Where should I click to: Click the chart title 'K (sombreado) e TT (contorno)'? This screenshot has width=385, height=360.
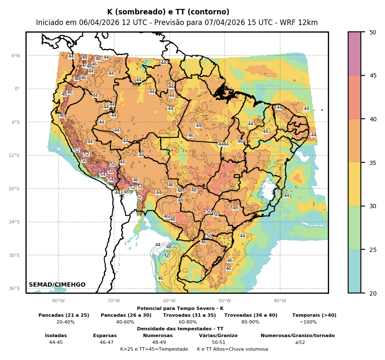(168, 12)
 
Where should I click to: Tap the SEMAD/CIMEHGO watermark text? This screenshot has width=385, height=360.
(57, 285)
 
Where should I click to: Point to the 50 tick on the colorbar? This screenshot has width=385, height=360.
(373, 32)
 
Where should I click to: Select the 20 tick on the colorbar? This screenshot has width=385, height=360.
(373, 293)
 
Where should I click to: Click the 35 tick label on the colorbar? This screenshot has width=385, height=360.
(373, 162)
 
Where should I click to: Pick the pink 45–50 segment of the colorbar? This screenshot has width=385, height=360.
(355, 53)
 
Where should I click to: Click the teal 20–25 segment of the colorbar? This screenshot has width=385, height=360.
(355, 271)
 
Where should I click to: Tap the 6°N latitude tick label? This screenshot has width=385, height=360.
(15, 56)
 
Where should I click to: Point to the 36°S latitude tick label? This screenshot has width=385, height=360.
(14, 288)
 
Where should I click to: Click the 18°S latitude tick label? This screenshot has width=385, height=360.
(14, 189)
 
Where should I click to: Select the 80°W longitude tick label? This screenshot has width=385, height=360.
(58, 301)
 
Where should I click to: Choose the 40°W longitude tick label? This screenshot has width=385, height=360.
(280, 301)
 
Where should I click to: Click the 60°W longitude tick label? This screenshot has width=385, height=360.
(169, 301)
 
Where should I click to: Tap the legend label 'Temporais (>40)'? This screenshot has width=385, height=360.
(314, 315)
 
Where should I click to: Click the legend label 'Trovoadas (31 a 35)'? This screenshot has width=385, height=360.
(189, 315)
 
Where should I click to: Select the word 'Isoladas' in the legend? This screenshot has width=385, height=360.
(56, 335)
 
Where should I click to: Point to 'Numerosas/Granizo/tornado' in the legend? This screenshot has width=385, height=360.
(297, 335)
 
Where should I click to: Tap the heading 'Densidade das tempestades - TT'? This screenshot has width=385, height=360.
(180, 329)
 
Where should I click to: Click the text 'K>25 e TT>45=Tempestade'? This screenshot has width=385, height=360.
(154, 349)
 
